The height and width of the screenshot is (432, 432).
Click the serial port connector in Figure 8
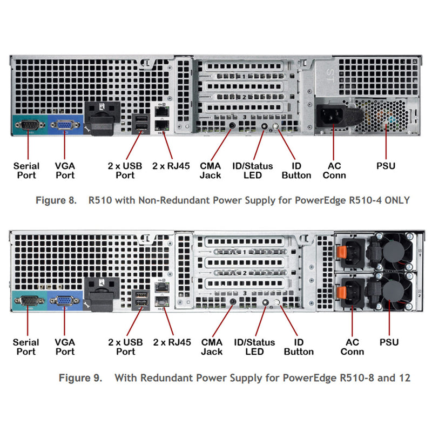tap(27, 125)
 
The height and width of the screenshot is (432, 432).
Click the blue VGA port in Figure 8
tap(64, 125)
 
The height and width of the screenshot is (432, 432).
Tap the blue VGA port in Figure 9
tap(64, 301)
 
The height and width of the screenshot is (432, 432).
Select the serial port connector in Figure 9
tap(27, 301)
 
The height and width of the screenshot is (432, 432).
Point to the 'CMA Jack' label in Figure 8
tap(211, 171)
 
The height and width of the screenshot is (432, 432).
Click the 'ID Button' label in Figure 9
tap(298, 347)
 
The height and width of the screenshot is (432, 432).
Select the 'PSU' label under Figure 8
tap(386, 166)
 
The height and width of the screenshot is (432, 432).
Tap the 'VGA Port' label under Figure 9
tap(65, 347)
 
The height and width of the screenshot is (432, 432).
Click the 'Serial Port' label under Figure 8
tap(26, 171)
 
